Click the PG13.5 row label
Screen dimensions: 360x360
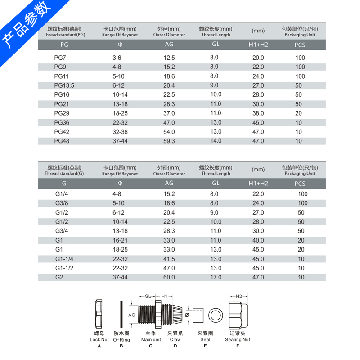(64, 85)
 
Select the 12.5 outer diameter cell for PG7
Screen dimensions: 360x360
(169, 58)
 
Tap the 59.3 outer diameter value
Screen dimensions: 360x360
(169, 141)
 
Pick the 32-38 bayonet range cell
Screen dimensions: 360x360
(120, 132)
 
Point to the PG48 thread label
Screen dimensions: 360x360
(62, 141)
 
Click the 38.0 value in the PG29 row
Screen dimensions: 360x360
(258, 113)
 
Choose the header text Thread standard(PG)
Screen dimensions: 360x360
(64, 35)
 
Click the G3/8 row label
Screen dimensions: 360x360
(62, 203)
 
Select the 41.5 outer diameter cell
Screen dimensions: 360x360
(169, 259)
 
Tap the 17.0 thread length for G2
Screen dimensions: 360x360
(216, 278)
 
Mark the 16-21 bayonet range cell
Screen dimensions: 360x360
(120, 240)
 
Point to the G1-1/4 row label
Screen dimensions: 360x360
(63, 259)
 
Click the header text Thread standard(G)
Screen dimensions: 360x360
(64, 174)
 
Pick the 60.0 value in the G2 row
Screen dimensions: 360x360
(169, 278)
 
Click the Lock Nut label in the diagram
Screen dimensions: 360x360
(99, 340)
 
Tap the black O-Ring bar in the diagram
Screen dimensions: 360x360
(121, 314)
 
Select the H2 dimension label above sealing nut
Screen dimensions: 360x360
(239, 296)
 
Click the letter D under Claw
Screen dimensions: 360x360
(175, 346)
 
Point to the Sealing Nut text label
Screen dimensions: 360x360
(238, 340)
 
